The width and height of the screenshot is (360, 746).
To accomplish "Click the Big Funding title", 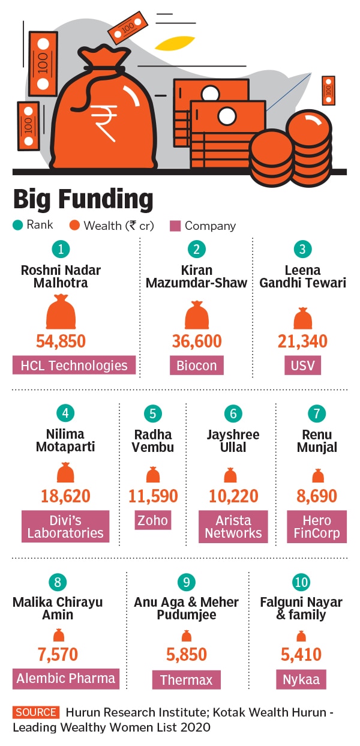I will [x=83, y=199].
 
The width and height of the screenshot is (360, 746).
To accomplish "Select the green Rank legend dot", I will [x=17, y=226].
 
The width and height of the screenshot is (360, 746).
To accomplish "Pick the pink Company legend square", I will [x=175, y=226].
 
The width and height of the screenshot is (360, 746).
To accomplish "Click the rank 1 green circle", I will [x=60, y=249].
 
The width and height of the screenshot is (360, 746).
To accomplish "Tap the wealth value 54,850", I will [x=61, y=341].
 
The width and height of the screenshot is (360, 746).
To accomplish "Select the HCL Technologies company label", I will [x=74, y=365].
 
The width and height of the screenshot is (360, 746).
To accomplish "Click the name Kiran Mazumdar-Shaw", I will [x=196, y=276].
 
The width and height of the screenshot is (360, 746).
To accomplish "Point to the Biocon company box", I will [x=196, y=365].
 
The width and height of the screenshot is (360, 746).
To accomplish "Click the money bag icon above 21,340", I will [x=302, y=318].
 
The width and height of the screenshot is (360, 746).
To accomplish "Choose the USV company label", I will [x=302, y=365].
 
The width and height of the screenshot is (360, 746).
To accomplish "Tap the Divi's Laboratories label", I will [x=65, y=526].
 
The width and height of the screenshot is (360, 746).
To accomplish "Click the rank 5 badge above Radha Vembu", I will [x=153, y=414].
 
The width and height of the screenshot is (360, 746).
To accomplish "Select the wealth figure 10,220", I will [x=233, y=496].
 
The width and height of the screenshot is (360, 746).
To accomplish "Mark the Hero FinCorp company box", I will [x=316, y=526].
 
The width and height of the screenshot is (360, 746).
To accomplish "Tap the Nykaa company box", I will [x=301, y=680].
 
